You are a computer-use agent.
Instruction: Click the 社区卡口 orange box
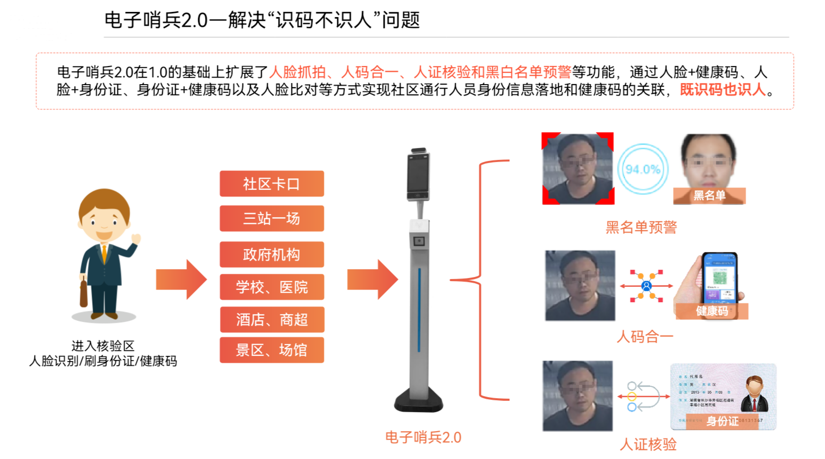[271, 184]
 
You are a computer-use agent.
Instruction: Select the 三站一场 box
[271, 218]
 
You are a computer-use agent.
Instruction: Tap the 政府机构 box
[271, 254]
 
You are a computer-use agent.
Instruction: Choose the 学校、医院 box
[271, 287]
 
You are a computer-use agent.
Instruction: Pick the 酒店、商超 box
[271, 320]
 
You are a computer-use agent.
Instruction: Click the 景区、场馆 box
[271, 350]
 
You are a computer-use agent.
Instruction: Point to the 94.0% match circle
[643, 169]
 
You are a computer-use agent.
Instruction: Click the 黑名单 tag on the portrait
[709, 195]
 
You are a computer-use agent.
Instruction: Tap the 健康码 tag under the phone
[712, 311]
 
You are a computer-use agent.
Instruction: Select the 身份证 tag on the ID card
[722, 421]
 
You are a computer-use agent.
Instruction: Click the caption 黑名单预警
[641, 227]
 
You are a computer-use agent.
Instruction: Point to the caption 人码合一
[645, 337]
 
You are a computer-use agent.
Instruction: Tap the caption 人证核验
[648, 444]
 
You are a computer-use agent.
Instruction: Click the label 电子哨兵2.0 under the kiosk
[423, 437]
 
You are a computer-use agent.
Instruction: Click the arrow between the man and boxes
[181, 280]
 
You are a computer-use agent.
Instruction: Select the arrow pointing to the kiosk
[372, 280]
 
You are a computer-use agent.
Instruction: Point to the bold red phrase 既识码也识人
[723, 90]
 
